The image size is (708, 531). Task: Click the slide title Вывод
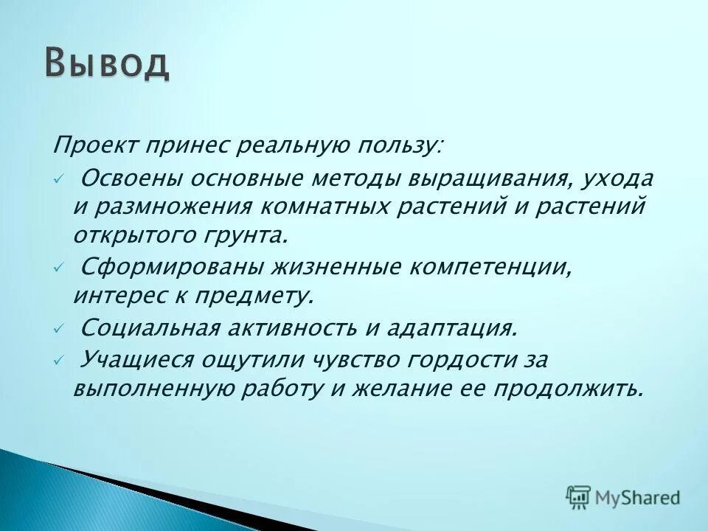tap(106, 64)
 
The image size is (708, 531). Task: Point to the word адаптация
tap(452, 327)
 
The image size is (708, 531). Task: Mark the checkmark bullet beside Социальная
tap(59, 330)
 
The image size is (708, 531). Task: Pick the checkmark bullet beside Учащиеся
tap(59, 361)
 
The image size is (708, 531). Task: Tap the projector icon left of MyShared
tap(579, 498)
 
